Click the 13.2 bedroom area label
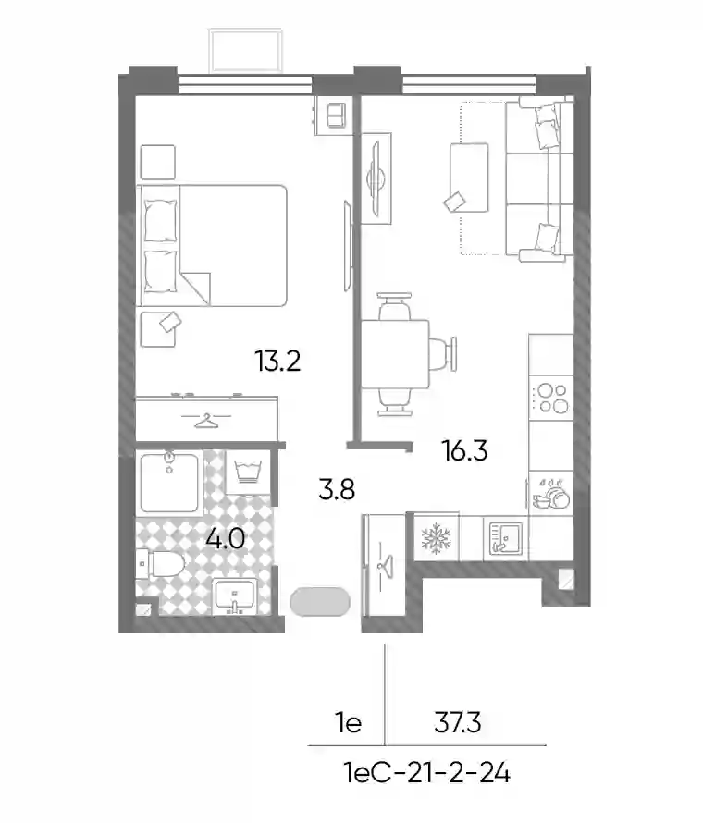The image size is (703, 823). (277, 362)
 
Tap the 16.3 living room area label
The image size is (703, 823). (464, 450)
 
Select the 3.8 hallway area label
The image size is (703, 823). (337, 489)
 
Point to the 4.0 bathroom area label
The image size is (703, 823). (225, 538)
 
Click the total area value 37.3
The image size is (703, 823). (457, 723)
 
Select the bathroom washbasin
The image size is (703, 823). (235, 596)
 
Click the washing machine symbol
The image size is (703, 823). (248, 472)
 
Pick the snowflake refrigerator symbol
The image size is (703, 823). (436, 538)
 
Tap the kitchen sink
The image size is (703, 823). (505, 538)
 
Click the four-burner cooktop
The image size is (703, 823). (550, 399)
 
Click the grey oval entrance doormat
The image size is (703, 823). (320, 601)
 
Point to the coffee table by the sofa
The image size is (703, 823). (469, 178)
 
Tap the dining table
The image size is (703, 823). (395, 354)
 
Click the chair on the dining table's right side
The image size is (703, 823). (443, 354)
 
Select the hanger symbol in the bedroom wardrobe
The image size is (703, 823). (205, 420)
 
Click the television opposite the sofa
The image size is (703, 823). (376, 178)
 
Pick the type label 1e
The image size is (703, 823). (349, 723)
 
